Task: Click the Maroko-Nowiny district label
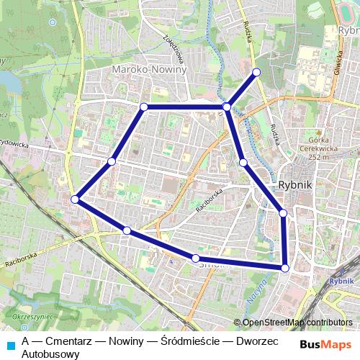[x=150, y=71]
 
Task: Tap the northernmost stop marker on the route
[x=256, y=72]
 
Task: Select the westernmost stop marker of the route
[x=75, y=199]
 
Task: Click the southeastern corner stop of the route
[x=285, y=268]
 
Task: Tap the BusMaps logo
[x=325, y=345]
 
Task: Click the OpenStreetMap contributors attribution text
[x=296, y=322]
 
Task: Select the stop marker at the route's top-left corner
[x=143, y=107]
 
